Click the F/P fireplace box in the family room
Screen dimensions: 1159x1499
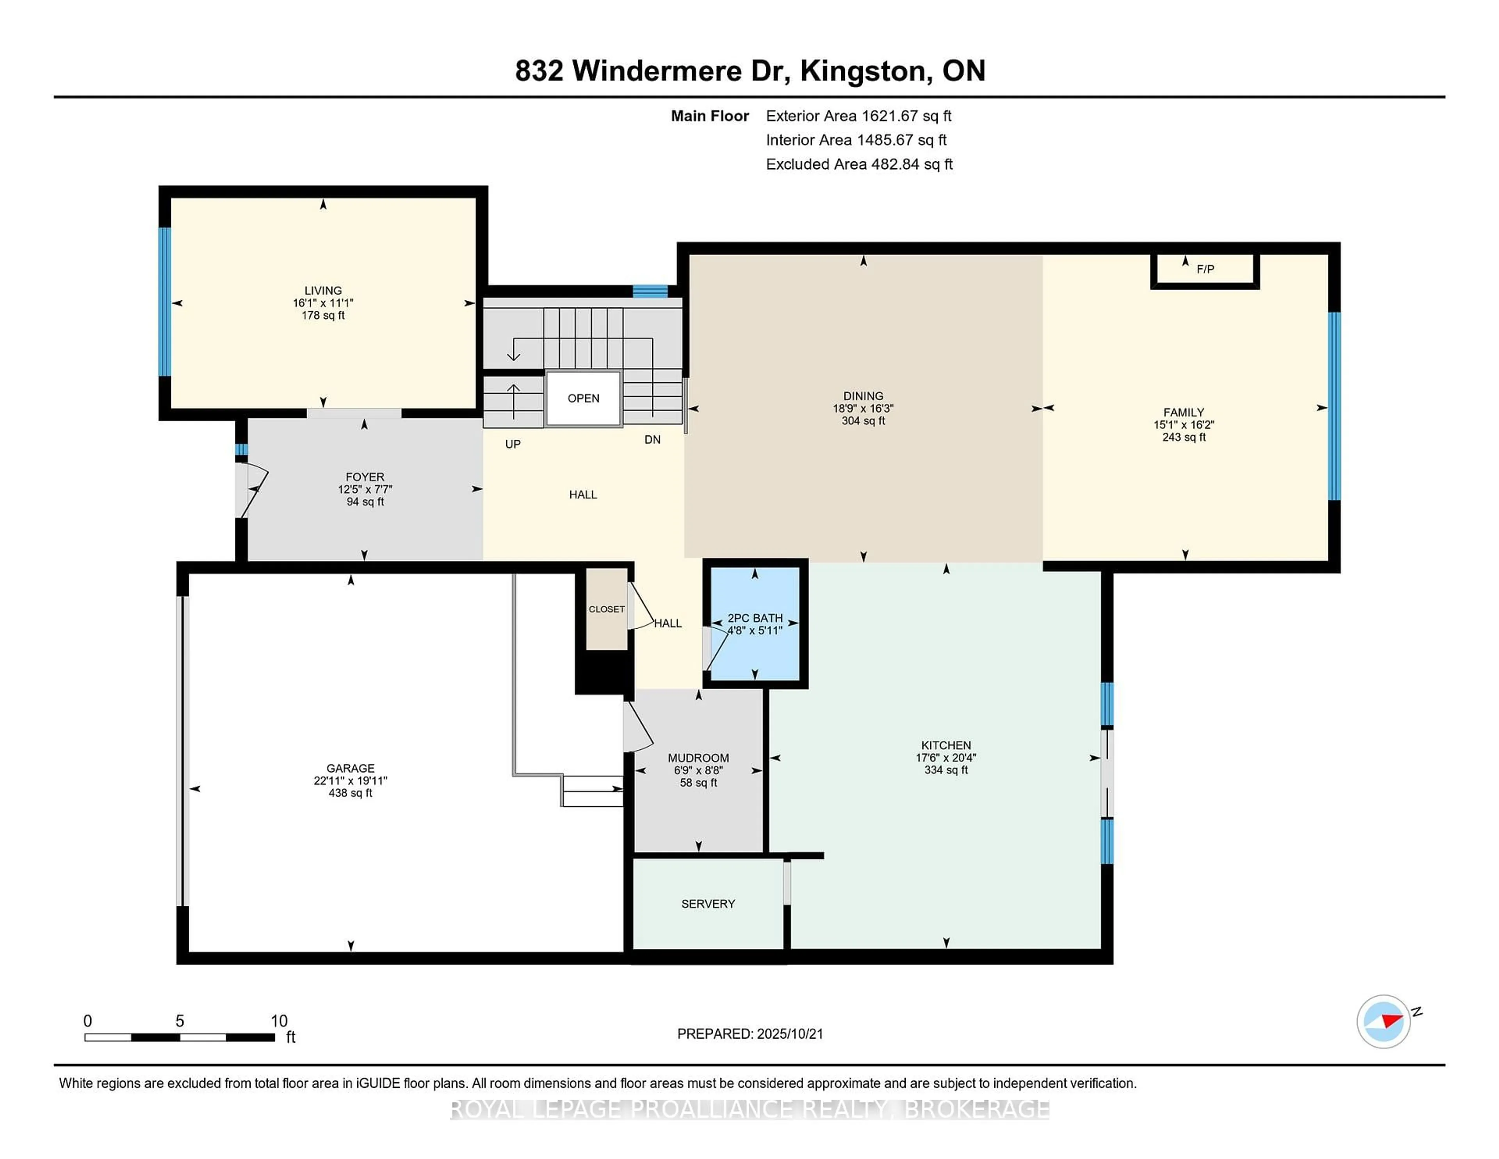1205,270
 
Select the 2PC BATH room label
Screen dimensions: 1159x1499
755,618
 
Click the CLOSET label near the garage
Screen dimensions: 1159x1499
606,609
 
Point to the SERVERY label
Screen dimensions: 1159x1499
708,904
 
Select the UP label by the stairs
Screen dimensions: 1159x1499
513,444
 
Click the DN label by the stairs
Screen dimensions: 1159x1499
652,439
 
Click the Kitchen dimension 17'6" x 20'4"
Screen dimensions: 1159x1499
946,757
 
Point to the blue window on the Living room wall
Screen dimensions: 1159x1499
165,302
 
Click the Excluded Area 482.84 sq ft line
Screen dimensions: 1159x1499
859,164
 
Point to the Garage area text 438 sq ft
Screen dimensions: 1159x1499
350,793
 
